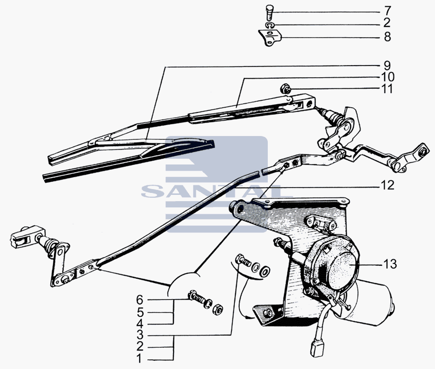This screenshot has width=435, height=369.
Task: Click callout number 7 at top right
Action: (387, 11)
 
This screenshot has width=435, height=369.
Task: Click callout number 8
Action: (387, 37)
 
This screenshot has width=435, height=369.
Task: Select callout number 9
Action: (387, 65)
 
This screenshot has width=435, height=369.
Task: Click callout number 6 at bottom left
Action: (140, 300)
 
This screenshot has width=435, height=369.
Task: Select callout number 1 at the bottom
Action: (140, 359)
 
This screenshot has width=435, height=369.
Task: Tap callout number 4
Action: (140, 324)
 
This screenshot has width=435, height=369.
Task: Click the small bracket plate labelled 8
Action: (270, 37)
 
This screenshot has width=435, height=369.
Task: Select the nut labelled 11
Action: (285, 89)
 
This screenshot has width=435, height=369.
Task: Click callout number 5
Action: (140, 312)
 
